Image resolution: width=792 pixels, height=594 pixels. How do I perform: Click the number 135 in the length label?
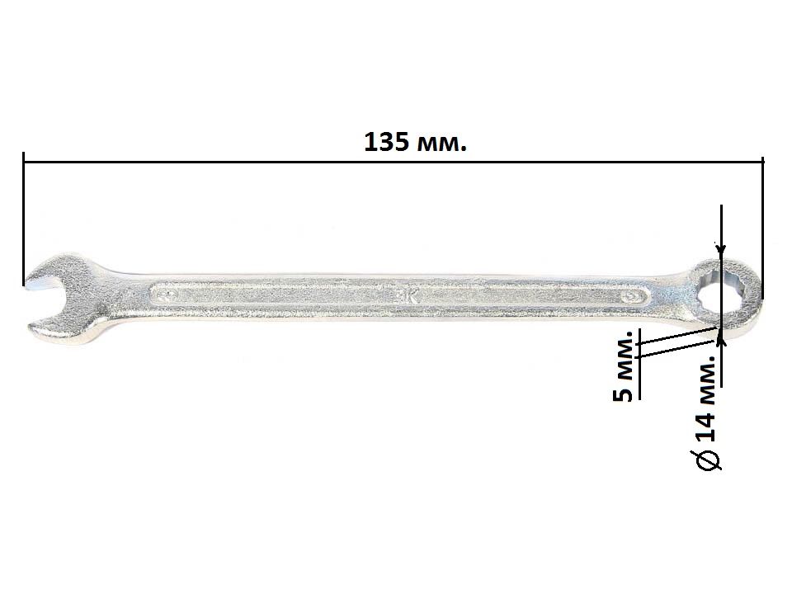point(386,143)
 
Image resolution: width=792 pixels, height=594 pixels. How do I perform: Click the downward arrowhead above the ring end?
point(721,249)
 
